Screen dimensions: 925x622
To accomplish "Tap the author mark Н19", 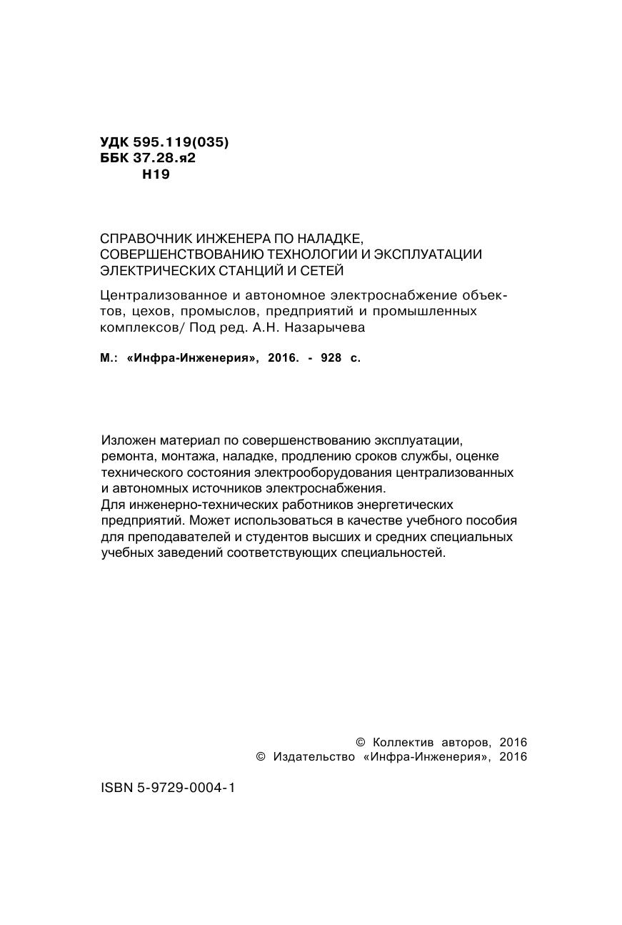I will (156, 174).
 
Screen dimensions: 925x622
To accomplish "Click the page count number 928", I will (331, 359).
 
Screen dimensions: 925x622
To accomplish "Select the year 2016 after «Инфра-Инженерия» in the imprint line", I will (282, 359).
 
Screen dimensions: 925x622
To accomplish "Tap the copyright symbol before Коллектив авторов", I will (360, 743).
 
